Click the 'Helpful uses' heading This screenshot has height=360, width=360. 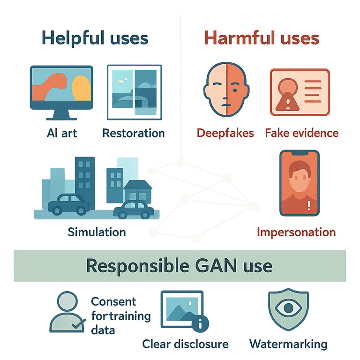coord(95,38)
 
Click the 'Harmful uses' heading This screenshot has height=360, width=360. coord(262,38)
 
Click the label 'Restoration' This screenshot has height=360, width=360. coord(134,133)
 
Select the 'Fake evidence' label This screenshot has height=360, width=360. coord(301,133)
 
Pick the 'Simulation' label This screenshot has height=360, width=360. coord(97,232)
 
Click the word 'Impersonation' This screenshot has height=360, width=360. coord(296,232)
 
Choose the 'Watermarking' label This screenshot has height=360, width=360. coord(288,344)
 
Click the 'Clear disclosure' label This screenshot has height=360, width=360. coord(186,344)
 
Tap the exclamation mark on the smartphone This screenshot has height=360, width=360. coord(309,205)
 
